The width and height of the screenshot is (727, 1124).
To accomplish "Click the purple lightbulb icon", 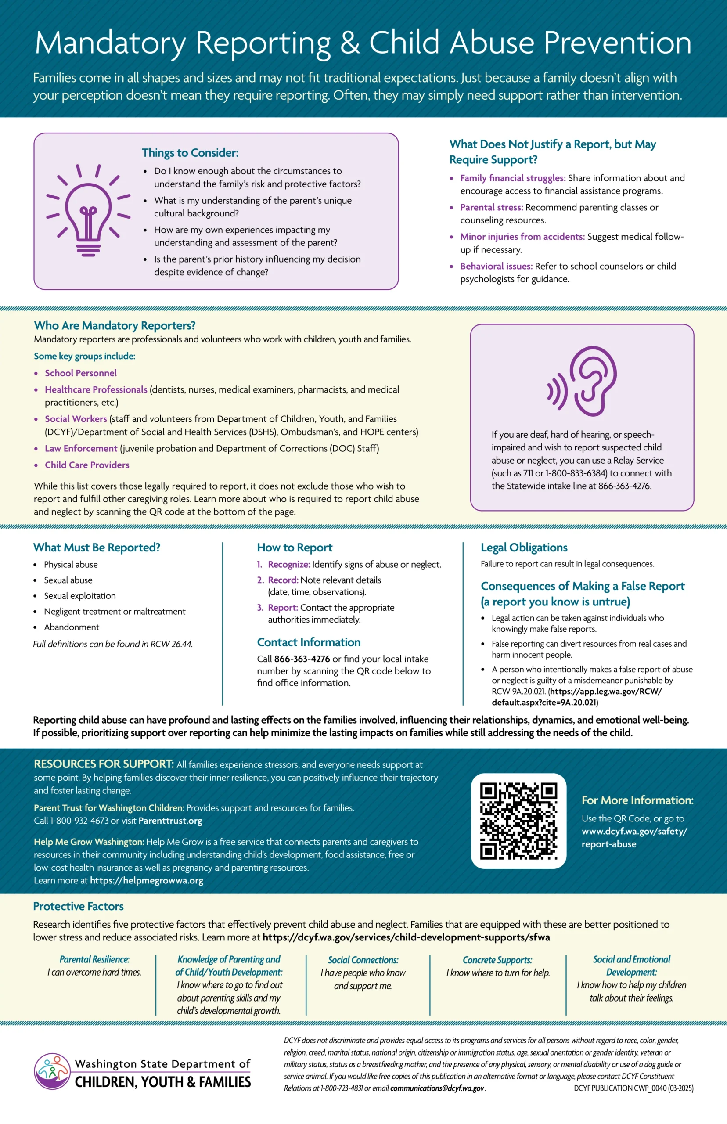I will point(88,210).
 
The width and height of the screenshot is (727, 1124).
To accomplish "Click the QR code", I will point(518,821).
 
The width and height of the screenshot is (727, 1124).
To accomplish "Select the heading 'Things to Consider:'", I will point(190,153).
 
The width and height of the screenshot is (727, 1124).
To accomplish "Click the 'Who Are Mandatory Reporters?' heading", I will point(115,325).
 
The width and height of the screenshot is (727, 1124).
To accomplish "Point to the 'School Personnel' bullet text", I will point(81,373).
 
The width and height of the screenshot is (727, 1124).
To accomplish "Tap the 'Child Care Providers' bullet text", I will point(87,465).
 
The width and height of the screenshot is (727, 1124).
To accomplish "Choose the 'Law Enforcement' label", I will point(81,448).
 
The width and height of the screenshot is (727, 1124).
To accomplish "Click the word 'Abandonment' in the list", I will point(71,627).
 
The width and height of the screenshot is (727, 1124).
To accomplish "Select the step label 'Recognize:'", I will point(289,565).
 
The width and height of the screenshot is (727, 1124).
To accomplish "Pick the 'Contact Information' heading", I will point(309,642).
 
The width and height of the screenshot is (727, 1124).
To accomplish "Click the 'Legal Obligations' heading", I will point(524,548).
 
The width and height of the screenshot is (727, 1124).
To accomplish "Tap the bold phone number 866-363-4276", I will point(302,659).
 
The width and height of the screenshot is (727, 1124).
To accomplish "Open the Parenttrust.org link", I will point(170,821).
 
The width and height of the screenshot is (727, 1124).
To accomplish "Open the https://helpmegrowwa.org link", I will point(146,880).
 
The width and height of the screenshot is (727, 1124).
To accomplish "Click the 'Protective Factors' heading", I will point(79,906).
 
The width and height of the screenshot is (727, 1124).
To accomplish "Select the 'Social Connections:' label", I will point(363,960).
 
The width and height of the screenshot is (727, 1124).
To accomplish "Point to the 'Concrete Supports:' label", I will point(497,960).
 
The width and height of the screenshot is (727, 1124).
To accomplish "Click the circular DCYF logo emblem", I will point(52,1071).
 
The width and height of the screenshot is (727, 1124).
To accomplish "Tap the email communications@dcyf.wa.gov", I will point(437,1088).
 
